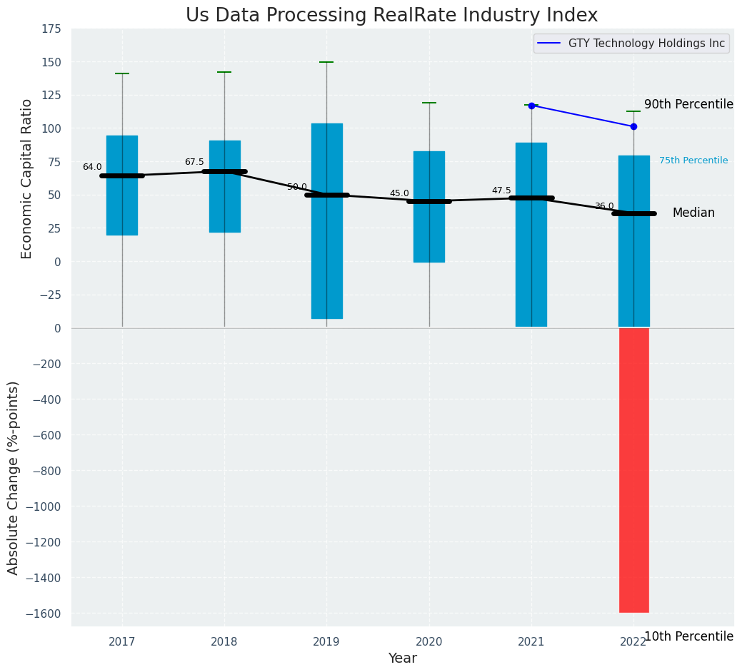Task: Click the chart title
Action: pos(391,16)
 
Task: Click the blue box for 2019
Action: pos(327,221)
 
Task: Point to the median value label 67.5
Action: pos(194,163)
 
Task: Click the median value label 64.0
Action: pos(92,168)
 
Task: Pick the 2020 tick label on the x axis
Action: pos(429,643)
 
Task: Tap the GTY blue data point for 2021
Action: pos(531,106)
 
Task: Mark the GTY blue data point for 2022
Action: pos(633,126)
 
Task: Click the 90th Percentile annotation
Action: pos(688,105)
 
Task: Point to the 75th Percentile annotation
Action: pos(693,161)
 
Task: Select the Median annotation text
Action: pos(693,213)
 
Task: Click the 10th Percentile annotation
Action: pos(688,636)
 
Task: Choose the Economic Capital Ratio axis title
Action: pos(27,178)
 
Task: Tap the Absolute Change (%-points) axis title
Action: pos(14,477)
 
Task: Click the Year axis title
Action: pos(403,658)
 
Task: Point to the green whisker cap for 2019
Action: pos(327,62)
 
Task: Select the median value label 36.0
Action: pos(604,207)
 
